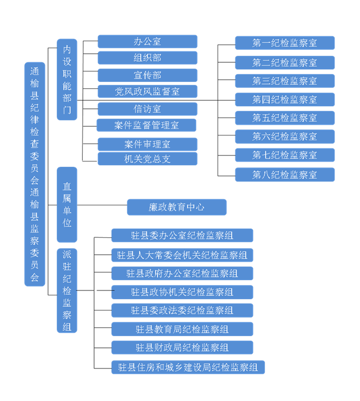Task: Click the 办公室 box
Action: (147, 42)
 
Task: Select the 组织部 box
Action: (147, 58)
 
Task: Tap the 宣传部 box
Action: (147, 75)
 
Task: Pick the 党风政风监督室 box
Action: (147, 92)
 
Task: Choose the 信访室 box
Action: (147, 109)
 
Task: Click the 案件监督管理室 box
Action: (146, 125)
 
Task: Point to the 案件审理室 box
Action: (147, 144)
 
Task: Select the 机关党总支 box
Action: (147, 159)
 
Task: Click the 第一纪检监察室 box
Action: (285, 43)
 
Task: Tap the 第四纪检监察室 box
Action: (285, 99)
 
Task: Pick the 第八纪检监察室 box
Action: (285, 174)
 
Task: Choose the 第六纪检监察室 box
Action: (285, 137)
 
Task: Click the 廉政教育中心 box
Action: (176, 207)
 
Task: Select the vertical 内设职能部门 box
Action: (67, 79)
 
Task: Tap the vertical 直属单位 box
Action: (67, 204)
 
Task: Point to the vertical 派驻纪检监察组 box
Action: (67, 290)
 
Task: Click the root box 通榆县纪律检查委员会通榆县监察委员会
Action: (35, 174)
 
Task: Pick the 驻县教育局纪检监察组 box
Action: (182, 329)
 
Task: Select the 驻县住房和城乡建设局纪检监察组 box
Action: (188, 367)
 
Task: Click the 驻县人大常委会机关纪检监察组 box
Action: (182, 255)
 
